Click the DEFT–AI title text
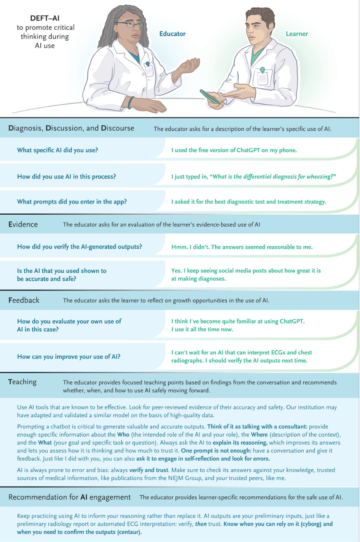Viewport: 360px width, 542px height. pyautogui.click(x=45, y=18)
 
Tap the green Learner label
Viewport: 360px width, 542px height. pyautogui.click(x=297, y=34)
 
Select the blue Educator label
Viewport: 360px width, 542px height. pyautogui.click(x=172, y=34)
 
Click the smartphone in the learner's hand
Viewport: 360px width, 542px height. pyautogui.click(x=210, y=96)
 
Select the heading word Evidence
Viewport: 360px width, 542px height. pyautogui.click(x=23, y=224)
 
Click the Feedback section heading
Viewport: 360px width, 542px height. pyautogui.click(x=24, y=300)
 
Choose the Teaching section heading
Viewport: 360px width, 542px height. pyautogui.click(x=22, y=382)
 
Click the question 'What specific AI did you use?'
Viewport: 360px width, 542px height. pyautogui.click(x=57, y=150)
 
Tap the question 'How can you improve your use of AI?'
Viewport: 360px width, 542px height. pyautogui.click(x=69, y=357)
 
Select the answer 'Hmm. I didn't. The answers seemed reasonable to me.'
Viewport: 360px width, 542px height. pyautogui.click(x=242, y=247)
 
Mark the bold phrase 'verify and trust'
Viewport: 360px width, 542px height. pyautogui.click(x=150, y=470)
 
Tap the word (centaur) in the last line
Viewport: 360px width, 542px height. pyautogui.click(x=129, y=532)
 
